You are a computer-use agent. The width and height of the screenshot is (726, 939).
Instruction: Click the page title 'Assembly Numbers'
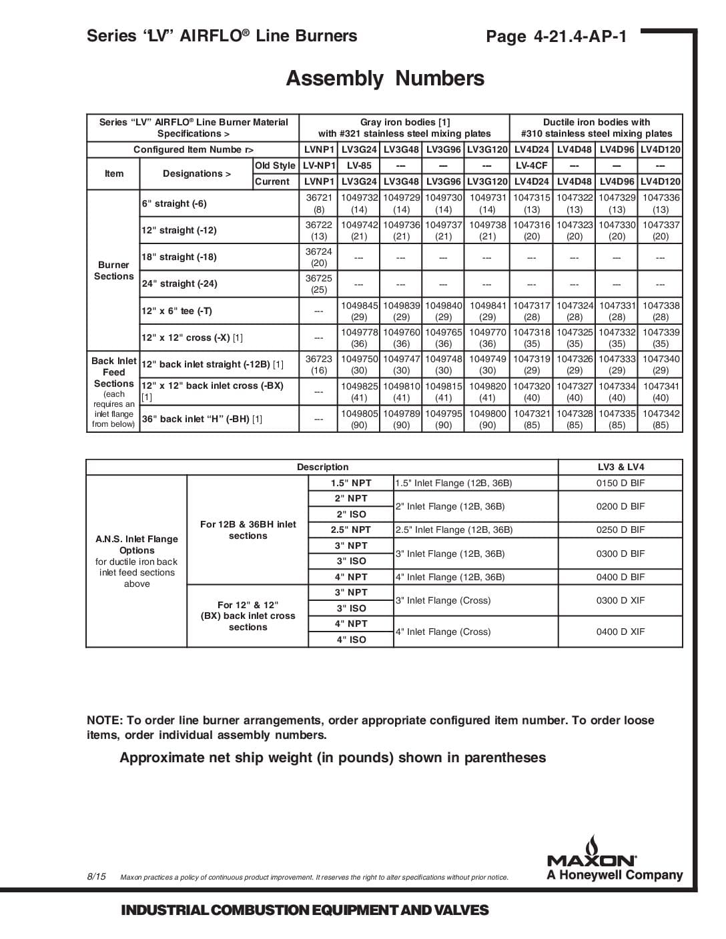385,79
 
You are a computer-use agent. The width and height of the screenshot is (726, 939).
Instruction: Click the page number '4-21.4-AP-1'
581,36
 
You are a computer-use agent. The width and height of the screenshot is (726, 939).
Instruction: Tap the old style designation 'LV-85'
360,165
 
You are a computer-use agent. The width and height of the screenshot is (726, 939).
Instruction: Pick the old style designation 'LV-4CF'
531,165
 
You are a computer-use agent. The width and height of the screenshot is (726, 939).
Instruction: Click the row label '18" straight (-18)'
179,257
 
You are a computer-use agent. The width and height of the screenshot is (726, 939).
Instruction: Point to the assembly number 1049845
360,305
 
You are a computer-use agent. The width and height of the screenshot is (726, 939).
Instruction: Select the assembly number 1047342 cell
661,413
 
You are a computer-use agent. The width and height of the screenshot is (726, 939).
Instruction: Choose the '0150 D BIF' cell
621,483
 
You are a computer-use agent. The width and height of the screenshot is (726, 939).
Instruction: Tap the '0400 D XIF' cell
621,632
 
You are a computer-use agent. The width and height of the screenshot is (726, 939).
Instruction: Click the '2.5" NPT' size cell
351,530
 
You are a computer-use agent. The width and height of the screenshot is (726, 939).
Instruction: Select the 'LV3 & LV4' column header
621,467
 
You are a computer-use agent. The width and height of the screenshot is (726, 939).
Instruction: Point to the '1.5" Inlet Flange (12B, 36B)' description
454,483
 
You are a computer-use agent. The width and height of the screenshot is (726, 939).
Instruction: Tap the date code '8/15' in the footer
96,876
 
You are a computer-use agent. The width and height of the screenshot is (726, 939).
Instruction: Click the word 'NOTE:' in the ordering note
104,720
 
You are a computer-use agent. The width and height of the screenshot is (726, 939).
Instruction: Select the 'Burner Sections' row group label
113,270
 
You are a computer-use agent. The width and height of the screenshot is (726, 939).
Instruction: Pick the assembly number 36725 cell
319,278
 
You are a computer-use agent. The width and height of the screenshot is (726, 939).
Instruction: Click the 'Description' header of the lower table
322,467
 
